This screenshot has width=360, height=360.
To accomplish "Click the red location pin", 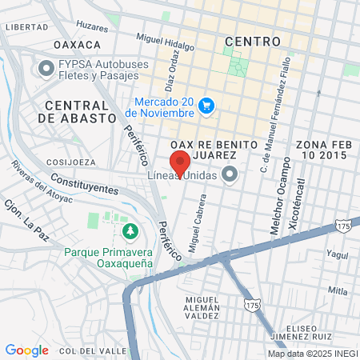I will pyautogui.click(x=180, y=161).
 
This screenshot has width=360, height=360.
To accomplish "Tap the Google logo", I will pyautogui.click(x=26, y=350).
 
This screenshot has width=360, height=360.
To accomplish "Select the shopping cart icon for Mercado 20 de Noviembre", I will pyautogui.click(x=206, y=106).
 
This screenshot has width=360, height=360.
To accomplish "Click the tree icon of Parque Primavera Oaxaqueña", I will pyautogui.click(x=130, y=231).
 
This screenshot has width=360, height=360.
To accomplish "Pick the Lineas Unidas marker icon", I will pyautogui.click(x=231, y=175).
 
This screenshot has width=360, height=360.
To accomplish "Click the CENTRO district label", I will pyautogui.click(x=253, y=41).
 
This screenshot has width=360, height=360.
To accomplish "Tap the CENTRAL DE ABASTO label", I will pyautogui.click(x=77, y=111).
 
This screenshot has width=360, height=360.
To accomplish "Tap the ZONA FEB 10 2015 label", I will pyautogui.click(x=322, y=150).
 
